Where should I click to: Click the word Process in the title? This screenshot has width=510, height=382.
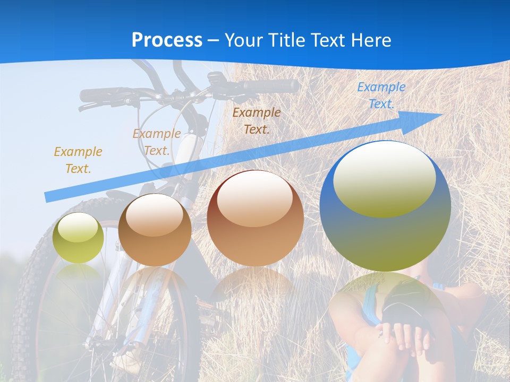click(167, 40)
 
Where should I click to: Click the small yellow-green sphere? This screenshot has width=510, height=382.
click(78, 238)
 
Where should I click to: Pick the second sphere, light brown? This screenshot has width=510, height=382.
click(155, 230)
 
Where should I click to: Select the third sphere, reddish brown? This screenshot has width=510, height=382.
click(255, 218)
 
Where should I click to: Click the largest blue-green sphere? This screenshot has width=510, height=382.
click(385, 207)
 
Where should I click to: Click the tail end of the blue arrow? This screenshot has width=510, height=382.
click(47, 197)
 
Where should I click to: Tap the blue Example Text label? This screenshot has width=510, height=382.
click(381, 95)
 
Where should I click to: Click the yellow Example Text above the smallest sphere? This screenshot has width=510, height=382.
click(78, 160)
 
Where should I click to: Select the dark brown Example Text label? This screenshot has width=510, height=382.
click(257, 121)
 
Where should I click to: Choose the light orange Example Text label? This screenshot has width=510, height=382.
click(157, 142)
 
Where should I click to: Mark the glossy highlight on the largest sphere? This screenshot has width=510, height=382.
click(384, 178)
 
